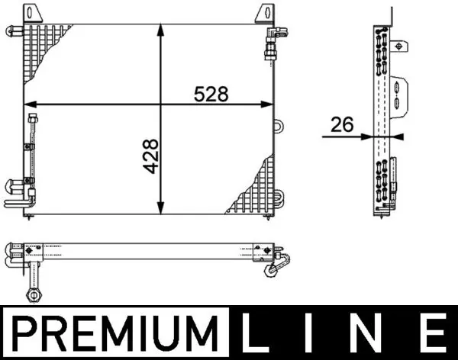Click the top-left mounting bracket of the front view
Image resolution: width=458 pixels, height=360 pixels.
click(32, 14)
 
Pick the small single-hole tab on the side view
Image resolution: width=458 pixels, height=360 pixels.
click(396, 46)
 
